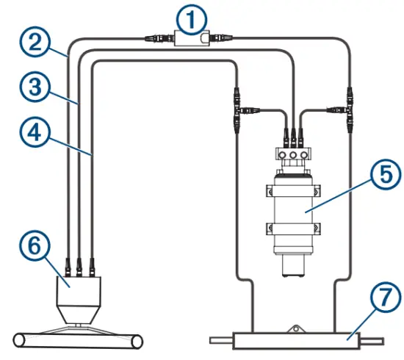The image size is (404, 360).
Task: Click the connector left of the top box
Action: (157, 37)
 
